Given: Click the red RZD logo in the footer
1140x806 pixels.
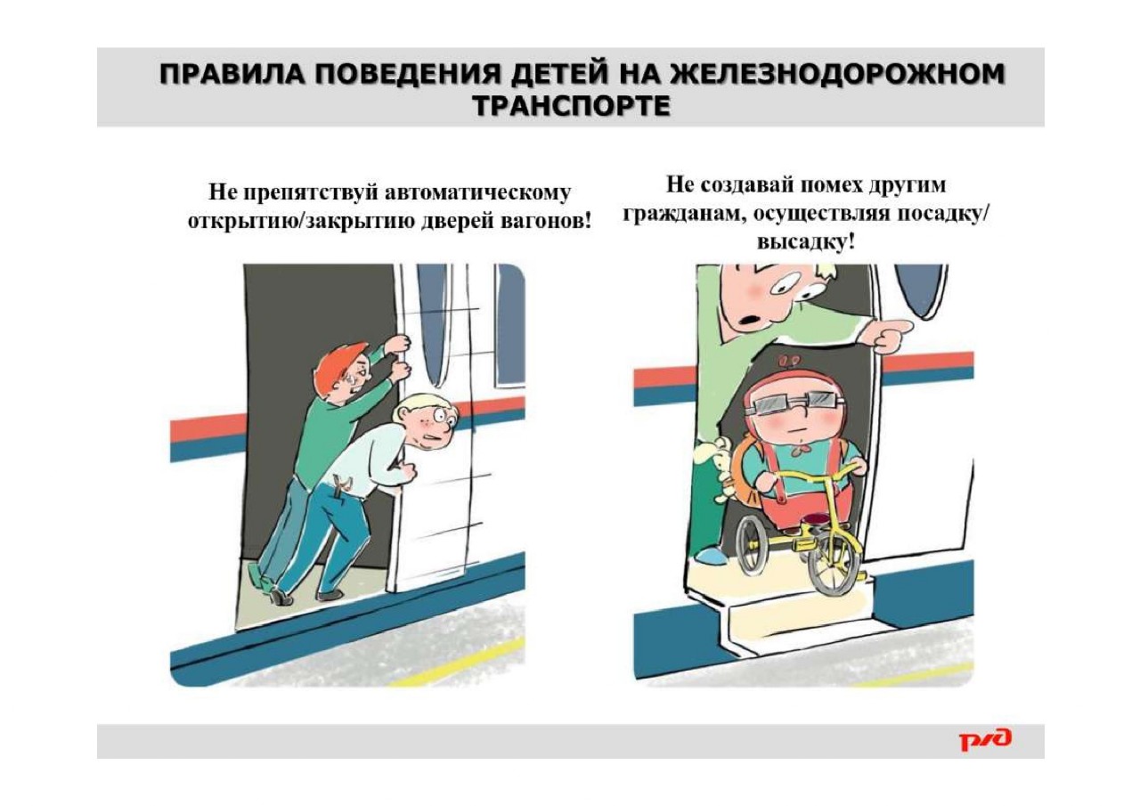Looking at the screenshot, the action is click(985, 740).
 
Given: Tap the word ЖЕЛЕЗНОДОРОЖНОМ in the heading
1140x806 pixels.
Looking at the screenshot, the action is click(838, 74).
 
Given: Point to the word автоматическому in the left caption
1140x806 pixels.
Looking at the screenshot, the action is click(476, 193).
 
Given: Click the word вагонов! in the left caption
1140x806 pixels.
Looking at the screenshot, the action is click(542, 222).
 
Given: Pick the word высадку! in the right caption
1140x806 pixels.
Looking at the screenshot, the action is click(806, 241).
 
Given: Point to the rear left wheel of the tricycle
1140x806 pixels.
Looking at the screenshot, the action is click(753, 548).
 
